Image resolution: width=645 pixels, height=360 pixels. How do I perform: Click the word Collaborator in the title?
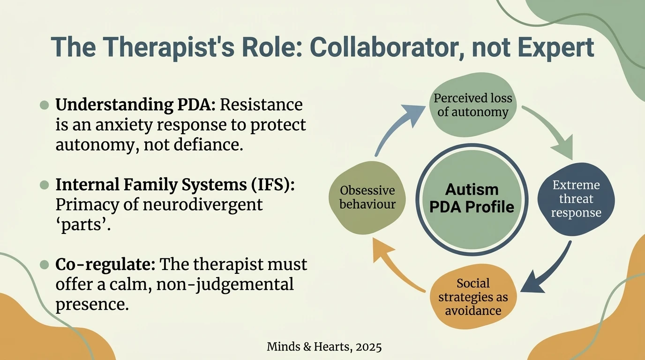(368, 48)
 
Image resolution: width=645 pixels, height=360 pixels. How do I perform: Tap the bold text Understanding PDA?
(135, 105)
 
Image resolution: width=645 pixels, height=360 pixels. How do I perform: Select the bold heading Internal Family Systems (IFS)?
(175, 185)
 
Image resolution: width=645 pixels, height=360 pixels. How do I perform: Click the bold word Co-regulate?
(105, 264)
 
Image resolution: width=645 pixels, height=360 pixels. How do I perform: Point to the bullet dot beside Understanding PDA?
(45, 105)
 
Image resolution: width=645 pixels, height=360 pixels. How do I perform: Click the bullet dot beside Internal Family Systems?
(45, 185)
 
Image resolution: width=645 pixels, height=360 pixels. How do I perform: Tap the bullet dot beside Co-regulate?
(45, 265)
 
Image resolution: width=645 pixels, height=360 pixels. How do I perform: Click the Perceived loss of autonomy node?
(472, 105)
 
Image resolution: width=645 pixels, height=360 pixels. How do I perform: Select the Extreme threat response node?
(576, 199)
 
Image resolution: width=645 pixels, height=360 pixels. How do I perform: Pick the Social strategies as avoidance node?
(473, 297)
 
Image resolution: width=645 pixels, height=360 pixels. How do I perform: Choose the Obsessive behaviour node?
(367, 197)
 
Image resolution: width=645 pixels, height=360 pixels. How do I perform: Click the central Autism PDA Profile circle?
(472, 198)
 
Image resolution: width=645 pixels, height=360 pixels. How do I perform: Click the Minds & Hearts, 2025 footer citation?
(324, 347)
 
